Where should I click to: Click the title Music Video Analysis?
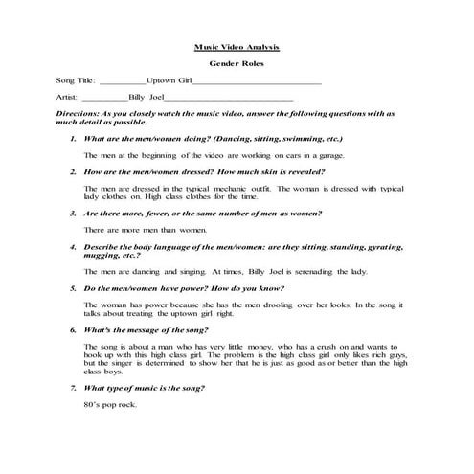(237, 45)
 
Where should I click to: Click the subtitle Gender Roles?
(236, 64)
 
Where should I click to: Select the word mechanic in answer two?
(227, 187)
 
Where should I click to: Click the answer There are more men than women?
(146, 230)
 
